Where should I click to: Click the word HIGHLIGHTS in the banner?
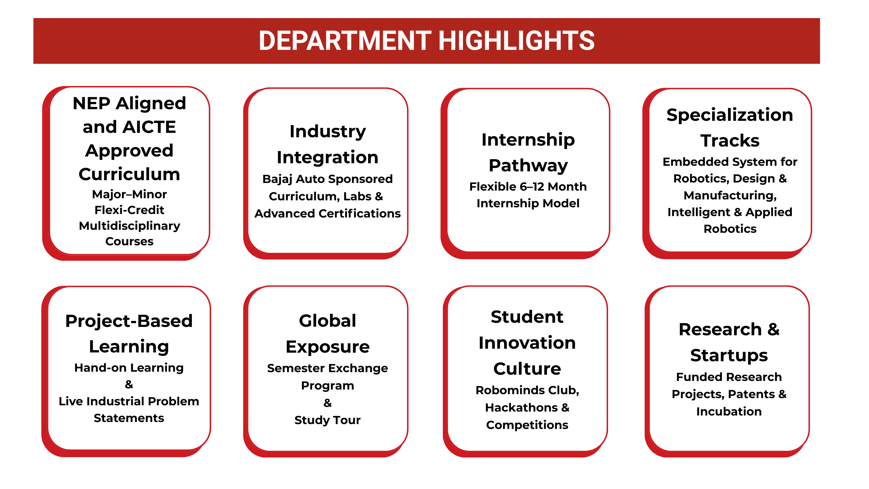point(517,41)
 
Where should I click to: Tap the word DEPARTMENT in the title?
point(345,41)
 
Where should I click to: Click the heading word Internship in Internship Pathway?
point(528,140)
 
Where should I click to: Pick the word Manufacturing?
point(730,195)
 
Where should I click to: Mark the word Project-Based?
point(129,321)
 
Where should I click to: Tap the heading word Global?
point(328,321)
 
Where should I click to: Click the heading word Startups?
point(729,356)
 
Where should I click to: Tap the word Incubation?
point(729,412)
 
